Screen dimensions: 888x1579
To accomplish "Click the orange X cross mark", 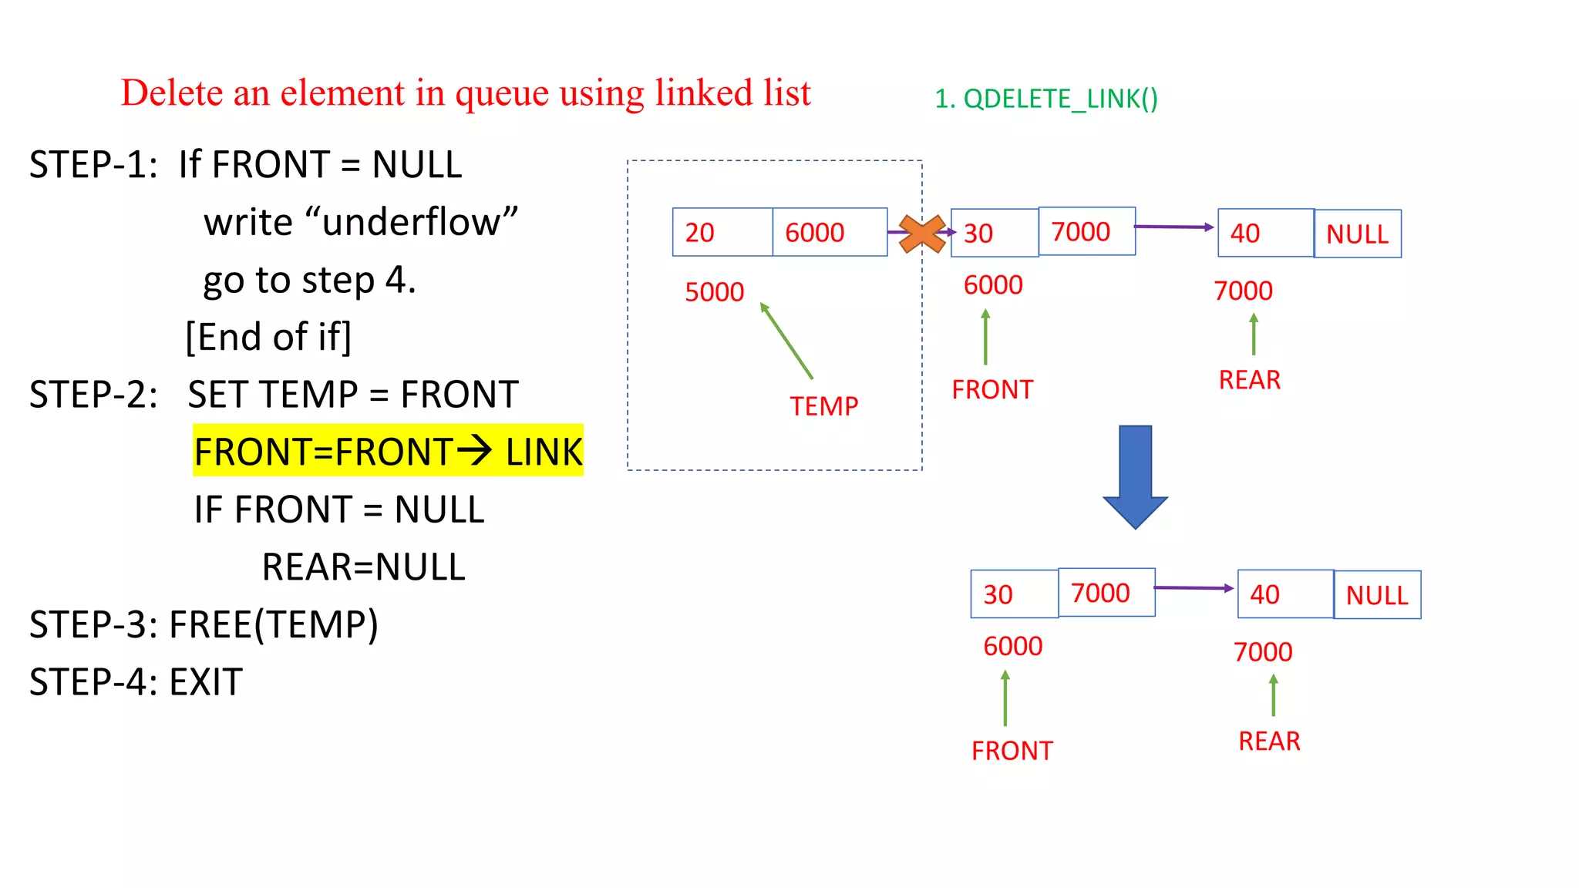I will coord(922,234).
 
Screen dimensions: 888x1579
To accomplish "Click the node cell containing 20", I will coord(722,232).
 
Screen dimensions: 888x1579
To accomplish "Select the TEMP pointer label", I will coord(823,406).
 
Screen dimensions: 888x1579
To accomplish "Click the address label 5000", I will coord(714,292).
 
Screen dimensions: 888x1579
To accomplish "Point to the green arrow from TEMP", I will coord(786,341).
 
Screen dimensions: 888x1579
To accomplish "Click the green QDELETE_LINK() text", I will coord(1046,99).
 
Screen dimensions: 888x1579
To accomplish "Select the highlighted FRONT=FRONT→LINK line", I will coord(388,451).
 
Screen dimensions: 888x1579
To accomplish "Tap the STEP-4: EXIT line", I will coord(136,682).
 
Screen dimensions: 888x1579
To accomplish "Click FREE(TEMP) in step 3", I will coord(274,624).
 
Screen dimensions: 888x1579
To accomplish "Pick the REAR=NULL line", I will coord(363,567).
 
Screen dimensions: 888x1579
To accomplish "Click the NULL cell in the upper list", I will coord(1357,234).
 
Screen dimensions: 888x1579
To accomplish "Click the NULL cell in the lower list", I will coord(1377,594).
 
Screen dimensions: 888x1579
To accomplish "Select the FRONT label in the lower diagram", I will coord(1012,751).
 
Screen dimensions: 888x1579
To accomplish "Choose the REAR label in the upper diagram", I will coord(1249,380).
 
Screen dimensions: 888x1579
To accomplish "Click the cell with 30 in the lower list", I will coord(1014,594).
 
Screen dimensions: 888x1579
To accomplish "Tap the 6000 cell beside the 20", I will coord(830,232).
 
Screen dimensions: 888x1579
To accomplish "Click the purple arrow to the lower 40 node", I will coord(1194,588).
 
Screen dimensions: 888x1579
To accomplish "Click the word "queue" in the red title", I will coord(503,93).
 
